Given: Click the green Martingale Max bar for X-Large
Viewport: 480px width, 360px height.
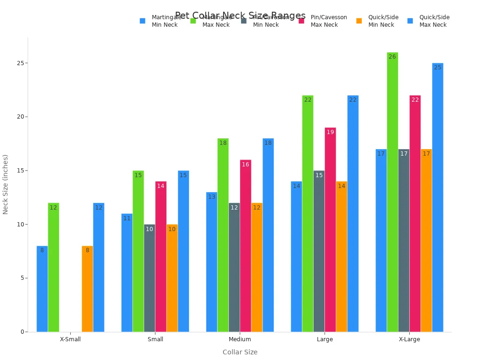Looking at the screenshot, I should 392,192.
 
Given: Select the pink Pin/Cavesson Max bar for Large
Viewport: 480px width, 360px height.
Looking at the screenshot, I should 330,230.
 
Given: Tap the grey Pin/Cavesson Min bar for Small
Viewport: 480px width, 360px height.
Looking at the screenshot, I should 150,278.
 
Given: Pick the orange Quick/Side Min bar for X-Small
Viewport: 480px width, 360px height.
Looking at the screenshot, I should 87,289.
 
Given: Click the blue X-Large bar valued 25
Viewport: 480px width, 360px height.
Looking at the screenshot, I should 437,197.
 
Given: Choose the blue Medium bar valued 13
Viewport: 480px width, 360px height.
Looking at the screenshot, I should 211,262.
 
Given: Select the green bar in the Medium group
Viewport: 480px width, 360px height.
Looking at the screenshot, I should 223,235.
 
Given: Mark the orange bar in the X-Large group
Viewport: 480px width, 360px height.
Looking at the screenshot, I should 426,240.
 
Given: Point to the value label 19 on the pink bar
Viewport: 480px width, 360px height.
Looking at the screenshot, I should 330,132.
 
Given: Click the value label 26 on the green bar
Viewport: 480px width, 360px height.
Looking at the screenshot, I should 392,57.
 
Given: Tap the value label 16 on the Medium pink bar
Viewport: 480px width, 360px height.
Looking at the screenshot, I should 245,165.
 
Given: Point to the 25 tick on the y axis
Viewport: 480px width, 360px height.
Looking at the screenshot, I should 21,63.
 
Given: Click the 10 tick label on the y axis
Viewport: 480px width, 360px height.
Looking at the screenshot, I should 21,224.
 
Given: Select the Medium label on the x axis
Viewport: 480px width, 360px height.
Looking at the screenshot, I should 240,339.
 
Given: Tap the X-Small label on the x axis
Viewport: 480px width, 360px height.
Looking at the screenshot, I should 70,339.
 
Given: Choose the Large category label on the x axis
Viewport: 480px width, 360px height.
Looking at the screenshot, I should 324,339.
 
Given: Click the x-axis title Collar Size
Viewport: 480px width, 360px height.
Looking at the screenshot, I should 240,352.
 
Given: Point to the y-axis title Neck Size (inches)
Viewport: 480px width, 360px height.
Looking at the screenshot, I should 6,184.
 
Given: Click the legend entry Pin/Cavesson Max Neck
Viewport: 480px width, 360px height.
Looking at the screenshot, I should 328,21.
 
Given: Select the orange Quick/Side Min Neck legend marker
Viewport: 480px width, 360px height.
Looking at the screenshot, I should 359,21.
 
